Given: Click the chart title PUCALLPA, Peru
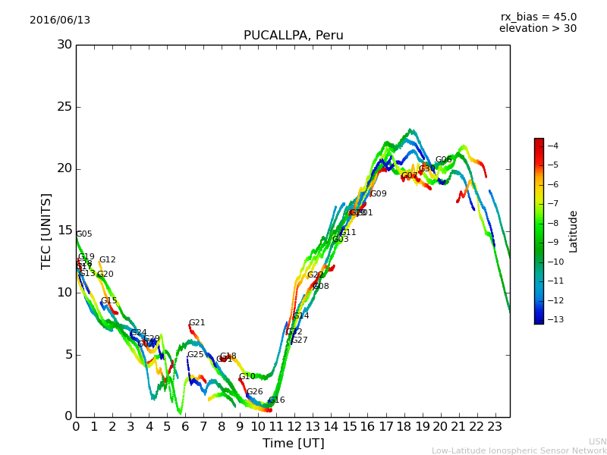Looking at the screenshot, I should coord(293,36).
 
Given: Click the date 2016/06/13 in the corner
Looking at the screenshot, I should coord(60,20).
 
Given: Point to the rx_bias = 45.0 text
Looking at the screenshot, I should coord(538,17).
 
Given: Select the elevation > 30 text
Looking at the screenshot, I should coord(537,29).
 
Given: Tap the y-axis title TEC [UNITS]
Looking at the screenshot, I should coord(46,231).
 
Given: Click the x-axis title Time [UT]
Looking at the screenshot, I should coord(293,444).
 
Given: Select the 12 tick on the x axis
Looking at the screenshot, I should coord(294,427).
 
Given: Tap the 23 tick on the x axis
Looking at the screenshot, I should coord(495,427).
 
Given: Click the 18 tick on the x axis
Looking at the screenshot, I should coord(404,427).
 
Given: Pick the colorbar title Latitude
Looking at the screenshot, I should coord(574,231).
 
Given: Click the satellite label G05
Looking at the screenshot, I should coord(83,234).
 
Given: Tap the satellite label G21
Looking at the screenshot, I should coord(197,323).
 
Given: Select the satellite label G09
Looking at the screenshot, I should coord(378,194).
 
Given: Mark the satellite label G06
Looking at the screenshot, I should coord(443,160).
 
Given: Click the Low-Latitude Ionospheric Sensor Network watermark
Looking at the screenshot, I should coord(519,450).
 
